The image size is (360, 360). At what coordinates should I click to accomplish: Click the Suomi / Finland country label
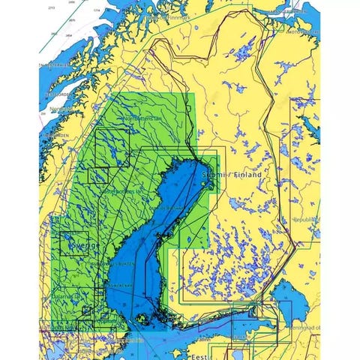(x=232, y=175)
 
